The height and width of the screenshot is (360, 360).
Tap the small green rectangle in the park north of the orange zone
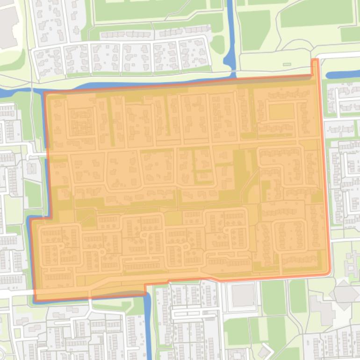point(287,64)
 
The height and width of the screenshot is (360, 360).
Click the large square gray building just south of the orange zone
point(242,295)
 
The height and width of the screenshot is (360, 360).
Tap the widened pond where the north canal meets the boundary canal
point(230,61)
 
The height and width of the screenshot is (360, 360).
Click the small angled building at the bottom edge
point(265,351)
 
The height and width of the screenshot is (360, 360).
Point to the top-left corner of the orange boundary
point(45,93)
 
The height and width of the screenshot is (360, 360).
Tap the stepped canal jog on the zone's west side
point(37,217)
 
